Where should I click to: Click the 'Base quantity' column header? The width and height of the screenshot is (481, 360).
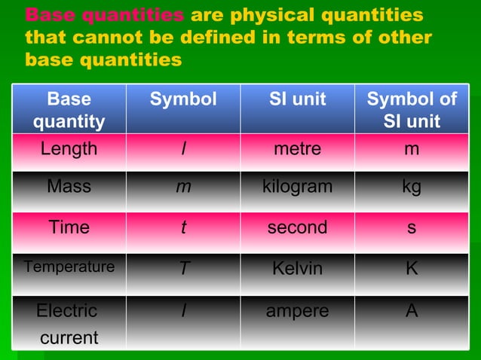point(69,110)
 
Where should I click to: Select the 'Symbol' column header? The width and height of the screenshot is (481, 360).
point(182,99)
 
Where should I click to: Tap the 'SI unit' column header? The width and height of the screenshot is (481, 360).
point(297,99)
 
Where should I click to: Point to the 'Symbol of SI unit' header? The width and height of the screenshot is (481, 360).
point(411,110)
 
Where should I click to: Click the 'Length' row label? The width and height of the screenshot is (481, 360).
point(69,149)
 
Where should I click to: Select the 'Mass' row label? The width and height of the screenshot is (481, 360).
point(69,187)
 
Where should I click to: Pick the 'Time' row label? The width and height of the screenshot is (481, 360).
point(69,227)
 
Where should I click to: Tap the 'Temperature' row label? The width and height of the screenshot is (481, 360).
point(69,267)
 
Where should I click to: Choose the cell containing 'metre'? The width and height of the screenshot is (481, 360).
point(297,149)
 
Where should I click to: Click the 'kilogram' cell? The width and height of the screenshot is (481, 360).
point(297,187)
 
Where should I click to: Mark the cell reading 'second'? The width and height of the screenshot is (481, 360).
point(297,227)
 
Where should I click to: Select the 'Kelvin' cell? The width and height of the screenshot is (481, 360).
point(297,268)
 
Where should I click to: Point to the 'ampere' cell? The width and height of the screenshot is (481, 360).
point(297,310)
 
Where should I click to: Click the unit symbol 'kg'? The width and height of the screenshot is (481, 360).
point(411,188)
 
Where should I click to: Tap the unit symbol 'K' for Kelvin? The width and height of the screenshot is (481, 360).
point(411,268)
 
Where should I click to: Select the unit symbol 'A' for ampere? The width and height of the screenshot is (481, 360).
point(411,310)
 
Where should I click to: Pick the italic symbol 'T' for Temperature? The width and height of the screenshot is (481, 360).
point(182,269)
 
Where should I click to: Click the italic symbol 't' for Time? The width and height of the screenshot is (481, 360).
point(182,227)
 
